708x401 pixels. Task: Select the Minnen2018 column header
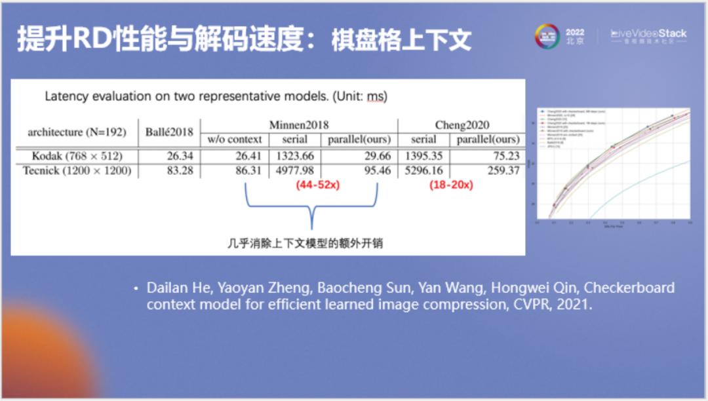pyautogui.click(x=299, y=124)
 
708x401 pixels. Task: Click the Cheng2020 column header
pyautogui.click(x=462, y=124)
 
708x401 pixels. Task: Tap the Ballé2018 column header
pyautogui.click(x=169, y=132)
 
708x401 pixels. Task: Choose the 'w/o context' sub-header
pyautogui.click(x=235, y=139)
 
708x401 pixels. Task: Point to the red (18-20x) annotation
pyautogui.click(x=451, y=185)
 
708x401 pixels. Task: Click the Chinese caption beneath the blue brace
pyautogui.click(x=305, y=243)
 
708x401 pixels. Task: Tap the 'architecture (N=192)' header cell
pyautogui.click(x=76, y=132)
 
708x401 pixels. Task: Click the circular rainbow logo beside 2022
pyautogui.click(x=547, y=37)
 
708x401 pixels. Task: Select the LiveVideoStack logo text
pyautogui.click(x=648, y=33)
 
